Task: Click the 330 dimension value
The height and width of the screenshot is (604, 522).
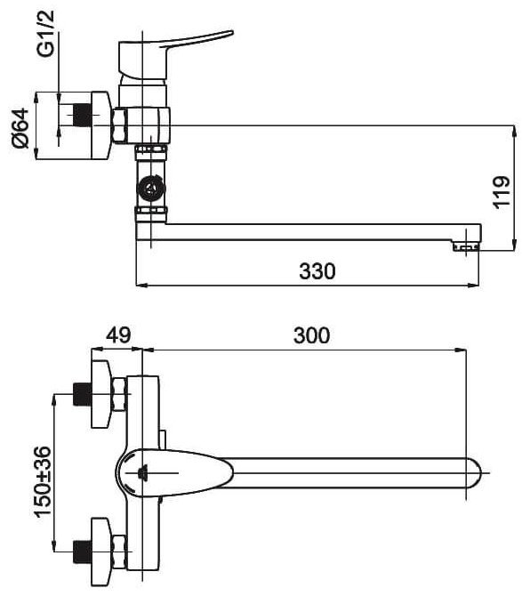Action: click(317, 271)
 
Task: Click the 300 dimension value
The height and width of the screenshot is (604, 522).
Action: click(311, 335)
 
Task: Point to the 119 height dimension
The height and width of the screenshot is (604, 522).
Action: click(502, 193)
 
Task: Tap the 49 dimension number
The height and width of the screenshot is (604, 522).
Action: click(118, 335)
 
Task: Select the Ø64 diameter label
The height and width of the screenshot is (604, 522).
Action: click(20, 128)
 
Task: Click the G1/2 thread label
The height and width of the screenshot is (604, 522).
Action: click(46, 34)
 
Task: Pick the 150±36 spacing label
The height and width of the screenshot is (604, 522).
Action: click(43, 482)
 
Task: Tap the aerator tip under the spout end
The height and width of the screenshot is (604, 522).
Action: click(465, 246)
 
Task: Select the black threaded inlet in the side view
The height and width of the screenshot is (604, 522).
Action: click(83, 115)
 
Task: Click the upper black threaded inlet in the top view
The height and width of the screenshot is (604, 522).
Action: click(82, 394)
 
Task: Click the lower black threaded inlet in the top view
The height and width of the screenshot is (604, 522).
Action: click(82, 552)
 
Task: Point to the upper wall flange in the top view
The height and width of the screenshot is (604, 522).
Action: click(101, 394)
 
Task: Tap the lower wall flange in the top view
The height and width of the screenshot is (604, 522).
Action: click(101, 552)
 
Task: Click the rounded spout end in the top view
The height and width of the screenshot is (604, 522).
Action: click(474, 472)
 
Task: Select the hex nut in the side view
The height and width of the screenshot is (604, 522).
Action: click(120, 125)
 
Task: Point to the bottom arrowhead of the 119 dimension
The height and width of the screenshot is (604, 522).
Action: click(514, 245)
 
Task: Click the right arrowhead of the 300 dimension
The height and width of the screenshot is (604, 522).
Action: click(461, 350)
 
